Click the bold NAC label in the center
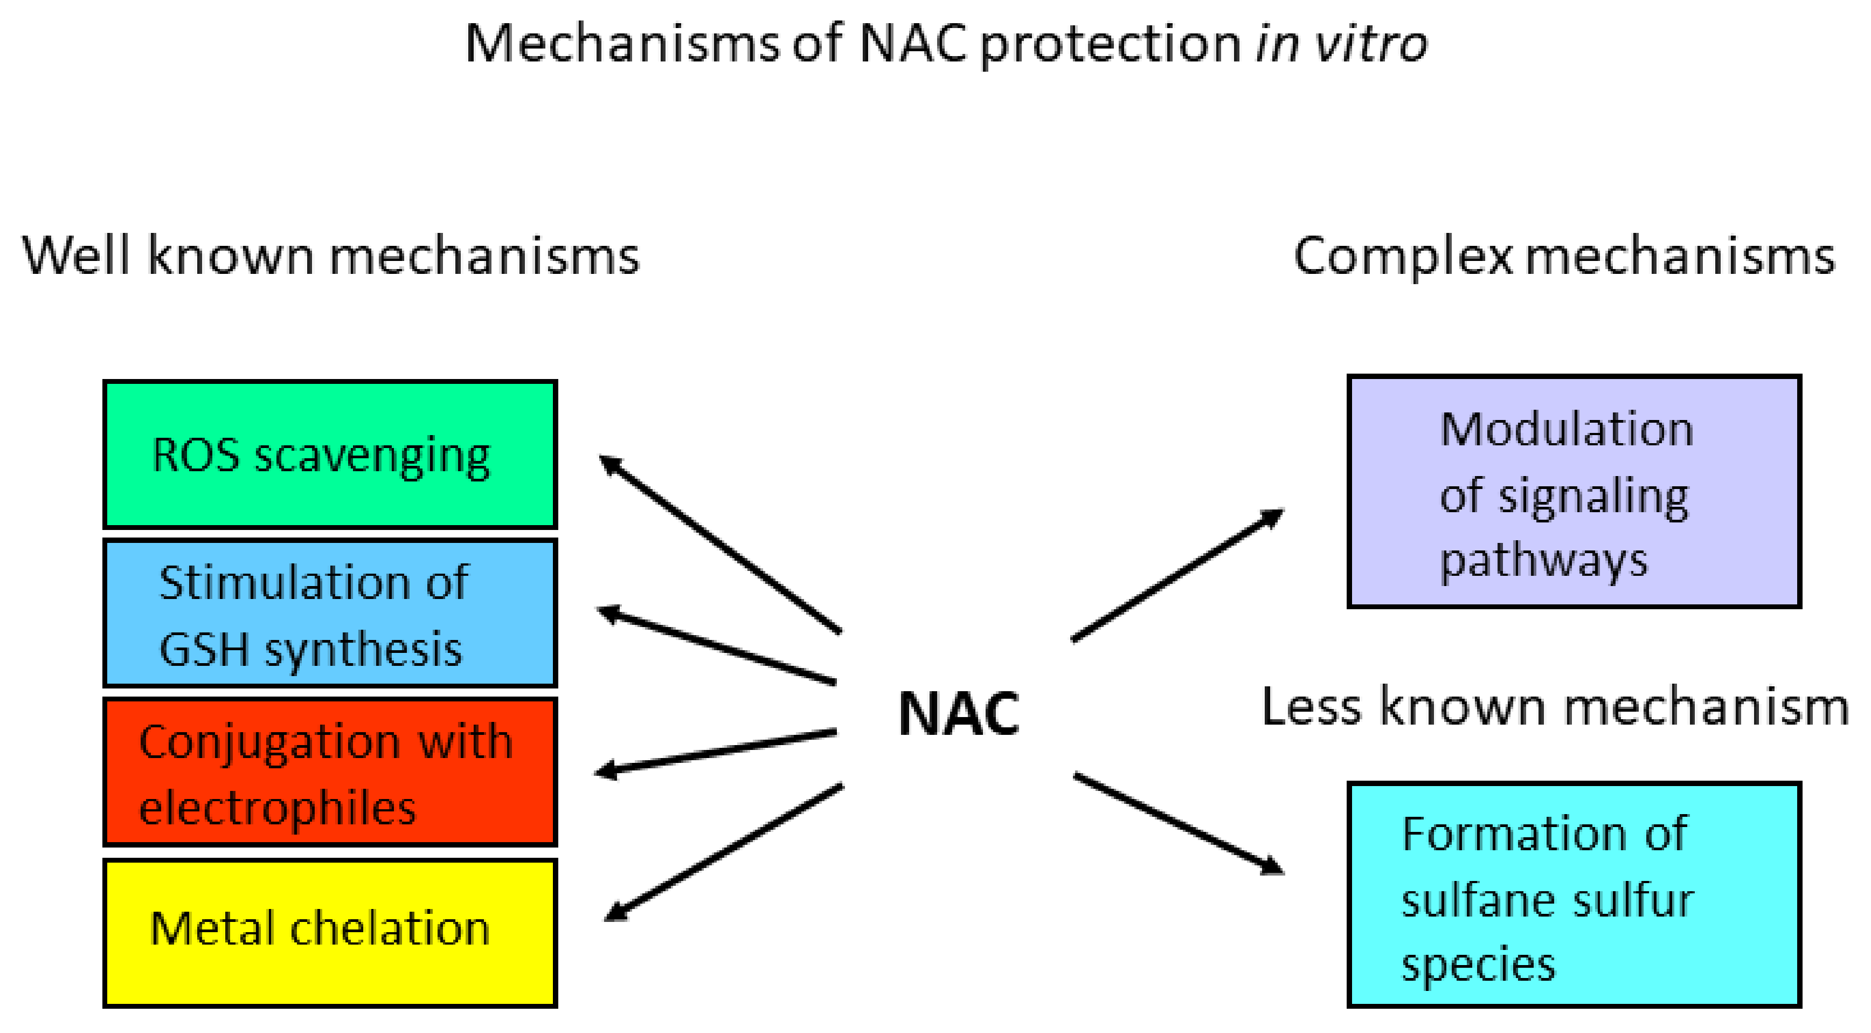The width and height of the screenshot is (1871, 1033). point(959,714)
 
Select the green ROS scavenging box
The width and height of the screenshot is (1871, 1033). point(330,454)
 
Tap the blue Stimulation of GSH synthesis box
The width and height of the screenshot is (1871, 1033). point(330,614)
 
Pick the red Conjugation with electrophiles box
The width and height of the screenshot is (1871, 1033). point(330,772)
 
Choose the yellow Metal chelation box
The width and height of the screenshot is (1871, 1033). point(330,933)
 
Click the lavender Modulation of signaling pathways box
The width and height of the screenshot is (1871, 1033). point(1574,492)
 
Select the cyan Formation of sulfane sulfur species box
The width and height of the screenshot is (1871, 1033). point(1574,895)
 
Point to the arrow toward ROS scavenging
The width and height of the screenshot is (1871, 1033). point(719,543)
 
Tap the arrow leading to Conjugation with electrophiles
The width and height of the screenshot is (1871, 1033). point(716,752)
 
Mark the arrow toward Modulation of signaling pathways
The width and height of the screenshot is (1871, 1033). point(1176,575)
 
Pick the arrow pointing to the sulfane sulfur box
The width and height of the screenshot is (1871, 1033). point(1178,824)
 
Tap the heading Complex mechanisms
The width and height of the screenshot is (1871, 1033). point(1563,257)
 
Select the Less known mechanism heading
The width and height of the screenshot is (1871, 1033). point(1554,707)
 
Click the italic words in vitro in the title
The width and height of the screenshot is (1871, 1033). point(1341,44)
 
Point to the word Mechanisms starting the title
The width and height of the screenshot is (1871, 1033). point(621,44)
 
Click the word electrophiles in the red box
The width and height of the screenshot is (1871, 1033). point(277,808)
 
